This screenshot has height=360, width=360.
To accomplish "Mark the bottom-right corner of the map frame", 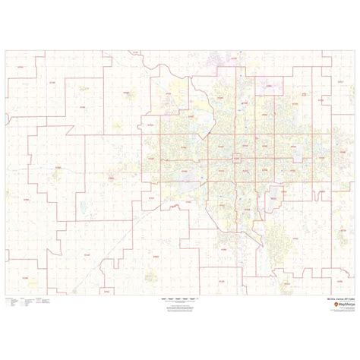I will (355, 295).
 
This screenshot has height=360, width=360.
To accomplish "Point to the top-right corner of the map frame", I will (355, 50).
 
